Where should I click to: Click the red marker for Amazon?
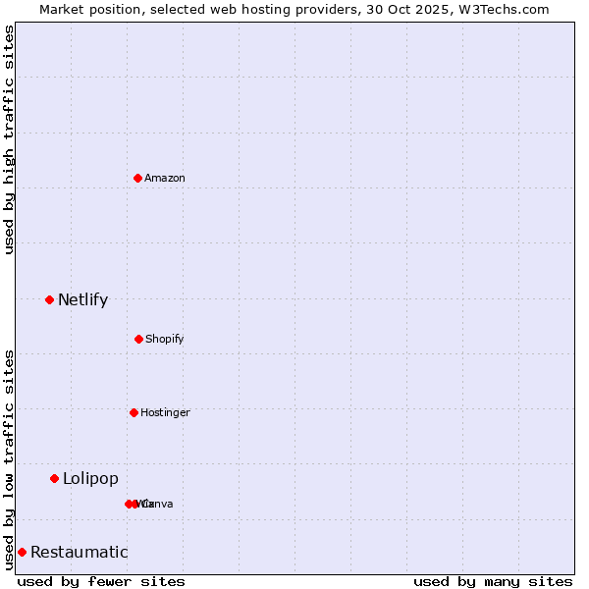[137, 178]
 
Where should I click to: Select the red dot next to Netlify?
[49, 299]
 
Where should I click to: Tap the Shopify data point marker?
[138, 339]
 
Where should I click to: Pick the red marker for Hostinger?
[134, 412]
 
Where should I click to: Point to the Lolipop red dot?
[54, 478]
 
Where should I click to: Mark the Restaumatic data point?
[22, 552]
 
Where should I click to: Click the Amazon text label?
[165, 178]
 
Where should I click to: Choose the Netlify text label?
[82, 299]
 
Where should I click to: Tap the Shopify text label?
[165, 339]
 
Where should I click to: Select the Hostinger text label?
[165, 412]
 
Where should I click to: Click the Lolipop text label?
[90, 478]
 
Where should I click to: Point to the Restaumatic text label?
[79, 552]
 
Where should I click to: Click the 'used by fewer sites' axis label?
[101, 581]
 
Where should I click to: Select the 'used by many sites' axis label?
[493, 581]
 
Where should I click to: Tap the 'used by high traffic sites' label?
[9, 139]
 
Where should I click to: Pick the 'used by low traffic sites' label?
[9, 459]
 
